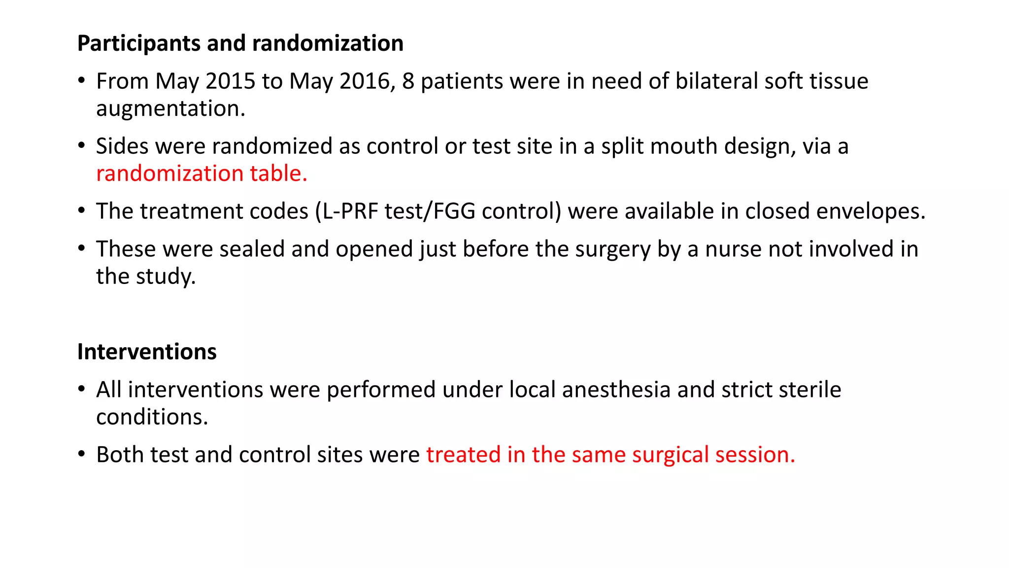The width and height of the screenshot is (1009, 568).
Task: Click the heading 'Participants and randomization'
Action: click(x=240, y=43)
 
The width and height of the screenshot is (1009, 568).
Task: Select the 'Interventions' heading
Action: click(x=147, y=352)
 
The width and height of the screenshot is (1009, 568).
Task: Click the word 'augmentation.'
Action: click(x=170, y=109)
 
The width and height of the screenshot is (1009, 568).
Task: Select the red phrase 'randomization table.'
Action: click(x=202, y=174)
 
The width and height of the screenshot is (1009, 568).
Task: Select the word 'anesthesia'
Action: click(x=616, y=390)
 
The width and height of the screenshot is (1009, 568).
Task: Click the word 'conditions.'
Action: click(x=152, y=418)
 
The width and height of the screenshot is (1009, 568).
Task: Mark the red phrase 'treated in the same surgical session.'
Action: click(x=610, y=455)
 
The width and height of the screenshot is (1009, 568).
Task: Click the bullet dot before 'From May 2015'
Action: click(x=82, y=81)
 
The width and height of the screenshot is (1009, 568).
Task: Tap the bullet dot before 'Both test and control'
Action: click(x=82, y=454)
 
